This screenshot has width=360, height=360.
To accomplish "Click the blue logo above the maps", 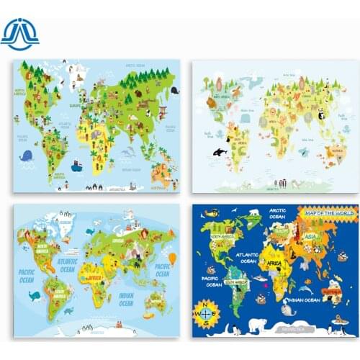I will point(19,32).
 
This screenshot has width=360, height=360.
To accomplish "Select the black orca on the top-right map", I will point(220,151).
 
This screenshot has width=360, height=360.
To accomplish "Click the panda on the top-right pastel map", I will point(320,114).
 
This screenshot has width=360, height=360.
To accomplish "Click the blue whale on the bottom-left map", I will point(33,295).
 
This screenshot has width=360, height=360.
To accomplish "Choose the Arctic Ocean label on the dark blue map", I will point(277,213).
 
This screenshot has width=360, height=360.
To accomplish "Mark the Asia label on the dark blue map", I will point(311,236).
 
